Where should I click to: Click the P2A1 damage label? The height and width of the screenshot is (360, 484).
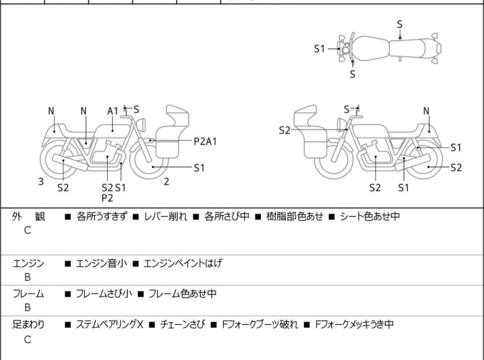[x=205, y=141]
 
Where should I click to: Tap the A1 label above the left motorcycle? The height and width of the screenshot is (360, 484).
[x=113, y=111]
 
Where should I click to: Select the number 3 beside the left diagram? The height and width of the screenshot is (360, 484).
[x=41, y=182]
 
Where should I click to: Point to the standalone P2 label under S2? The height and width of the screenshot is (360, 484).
[x=107, y=198]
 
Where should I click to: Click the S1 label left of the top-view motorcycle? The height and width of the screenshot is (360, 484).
[x=320, y=49]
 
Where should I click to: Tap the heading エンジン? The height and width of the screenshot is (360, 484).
[x=28, y=262]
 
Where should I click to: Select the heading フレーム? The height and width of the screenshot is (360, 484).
[x=28, y=294]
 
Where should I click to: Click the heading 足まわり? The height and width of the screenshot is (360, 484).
[x=28, y=325]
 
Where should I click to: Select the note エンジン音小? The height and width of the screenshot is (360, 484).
[x=102, y=262]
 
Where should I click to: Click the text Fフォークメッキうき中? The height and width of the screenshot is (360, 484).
[x=355, y=325]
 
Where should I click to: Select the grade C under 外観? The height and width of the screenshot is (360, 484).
[x=28, y=231]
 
